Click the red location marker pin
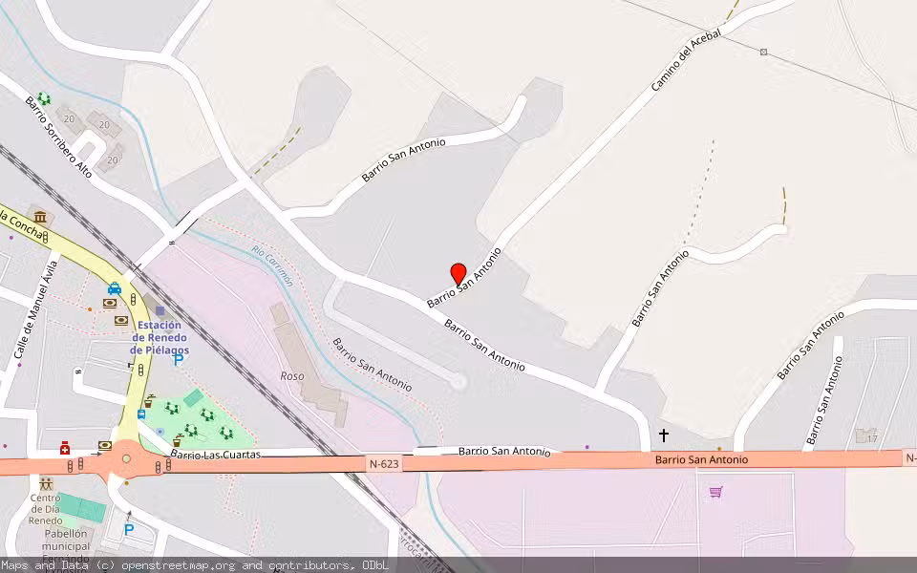(x=458, y=274)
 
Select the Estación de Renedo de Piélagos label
(x=160, y=337)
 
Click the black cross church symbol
(x=664, y=435)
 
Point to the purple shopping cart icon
(x=715, y=492)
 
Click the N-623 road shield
(x=383, y=464)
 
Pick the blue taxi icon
(x=115, y=288)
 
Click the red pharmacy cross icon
(x=65, y=448)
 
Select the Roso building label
(x=292, y=376)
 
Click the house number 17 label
(x=870, y=437)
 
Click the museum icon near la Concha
(x=39, y=217)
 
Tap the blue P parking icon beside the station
(x=178, y=360)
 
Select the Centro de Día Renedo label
(x=45, y=509)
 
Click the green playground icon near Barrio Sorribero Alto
(x=44, y=98)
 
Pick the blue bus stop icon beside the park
(x=141, y=414)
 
